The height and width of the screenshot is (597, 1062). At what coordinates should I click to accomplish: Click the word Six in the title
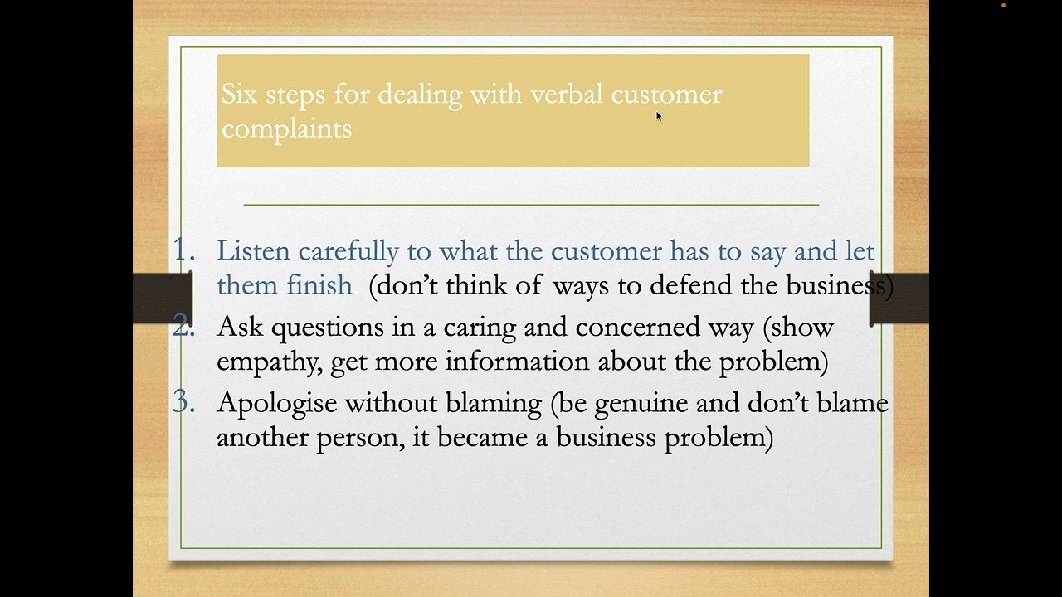pos(239,95)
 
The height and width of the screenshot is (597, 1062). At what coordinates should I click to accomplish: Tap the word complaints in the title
pos(286,129)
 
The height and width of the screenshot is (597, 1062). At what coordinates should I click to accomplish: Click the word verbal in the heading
pos(567,95)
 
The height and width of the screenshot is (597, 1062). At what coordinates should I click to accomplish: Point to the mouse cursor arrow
pos(659,116)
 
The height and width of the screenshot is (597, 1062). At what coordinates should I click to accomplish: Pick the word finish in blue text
pos(319,285)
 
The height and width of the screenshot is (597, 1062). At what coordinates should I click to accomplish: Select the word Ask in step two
pos(241,327)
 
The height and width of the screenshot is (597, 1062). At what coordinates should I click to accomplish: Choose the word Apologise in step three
pos(276,404)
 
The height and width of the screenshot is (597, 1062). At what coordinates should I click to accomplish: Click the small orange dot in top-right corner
pos(1003,6)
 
